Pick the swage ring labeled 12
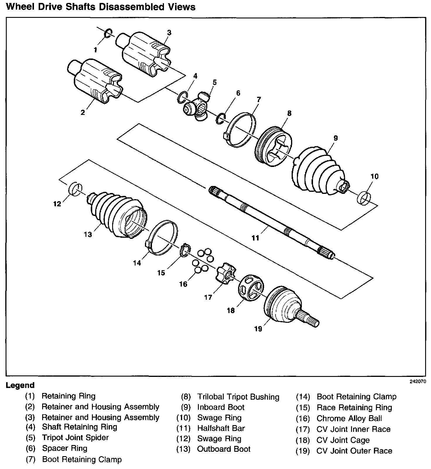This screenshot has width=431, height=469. click(75, 189)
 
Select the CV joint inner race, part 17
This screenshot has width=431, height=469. click(225, 273)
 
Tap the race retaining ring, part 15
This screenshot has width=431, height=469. click(185, 250)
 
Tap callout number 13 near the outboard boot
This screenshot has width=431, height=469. click(88, 234)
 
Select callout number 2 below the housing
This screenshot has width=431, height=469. click(83, 112)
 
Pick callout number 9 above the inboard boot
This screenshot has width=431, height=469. click(336, 138)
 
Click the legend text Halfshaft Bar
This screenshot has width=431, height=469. click(221, 428)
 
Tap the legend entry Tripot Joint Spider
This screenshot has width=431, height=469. click(75, 437)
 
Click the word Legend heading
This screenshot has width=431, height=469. click(20, 385)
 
